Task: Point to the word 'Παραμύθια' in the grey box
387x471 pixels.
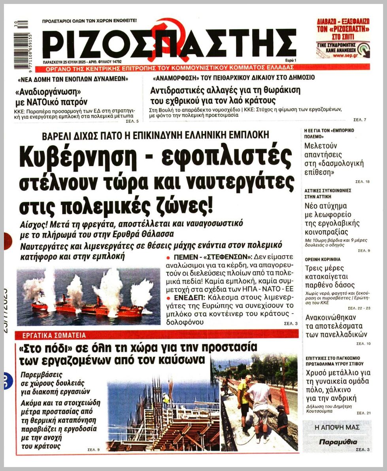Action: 338,442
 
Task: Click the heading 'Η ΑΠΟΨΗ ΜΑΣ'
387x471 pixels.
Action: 337,427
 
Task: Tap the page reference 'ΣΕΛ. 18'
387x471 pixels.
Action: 362,182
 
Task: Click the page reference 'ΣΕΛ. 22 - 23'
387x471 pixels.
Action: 359,308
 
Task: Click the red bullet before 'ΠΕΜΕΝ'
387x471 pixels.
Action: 169,258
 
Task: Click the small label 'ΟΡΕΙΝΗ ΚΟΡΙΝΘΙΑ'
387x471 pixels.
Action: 323,259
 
